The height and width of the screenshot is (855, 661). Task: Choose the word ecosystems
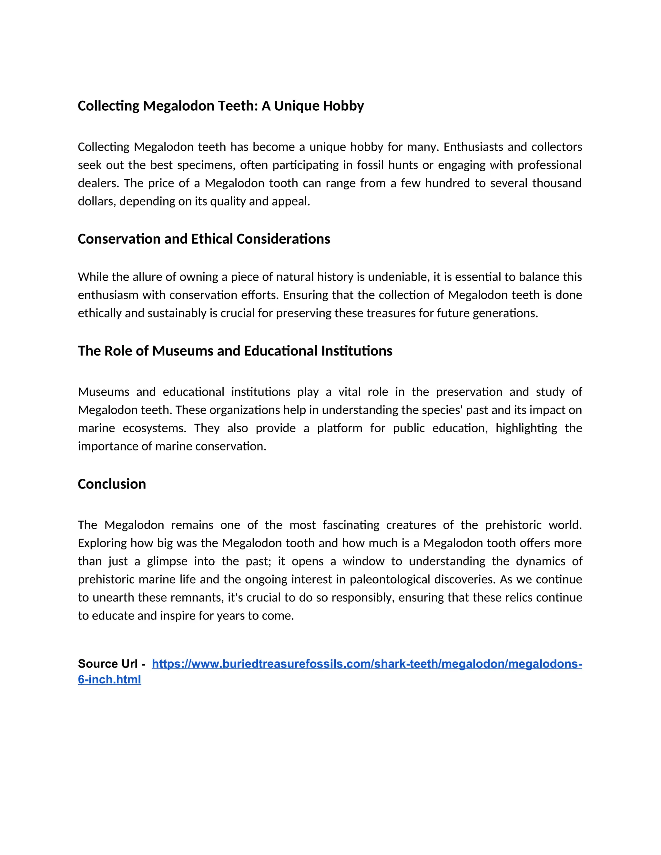pyautogui.click(x=154, y=428)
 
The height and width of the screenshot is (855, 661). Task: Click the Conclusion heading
pyautogui.click(x=112, y=484)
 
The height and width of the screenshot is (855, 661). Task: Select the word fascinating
pyautogui.click(x=351, y=525)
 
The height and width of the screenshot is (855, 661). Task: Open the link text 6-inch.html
pyautogui.click(x=109, y=679)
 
